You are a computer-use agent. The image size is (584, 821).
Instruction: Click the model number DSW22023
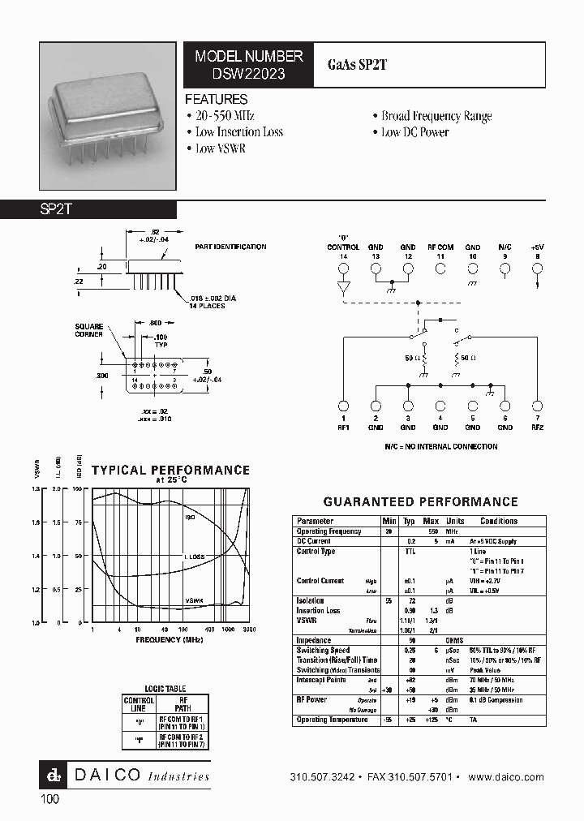248,73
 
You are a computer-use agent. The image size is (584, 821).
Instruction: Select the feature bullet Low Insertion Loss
238,131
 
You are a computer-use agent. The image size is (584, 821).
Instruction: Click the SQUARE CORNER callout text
89,330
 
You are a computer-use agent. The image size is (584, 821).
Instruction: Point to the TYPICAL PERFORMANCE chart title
170,470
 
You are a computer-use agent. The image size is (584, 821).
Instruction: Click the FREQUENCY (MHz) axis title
170,638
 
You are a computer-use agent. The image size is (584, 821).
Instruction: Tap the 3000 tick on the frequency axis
248,629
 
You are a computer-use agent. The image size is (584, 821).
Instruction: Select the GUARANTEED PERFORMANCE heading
420,502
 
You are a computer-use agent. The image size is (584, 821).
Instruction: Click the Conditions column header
498,521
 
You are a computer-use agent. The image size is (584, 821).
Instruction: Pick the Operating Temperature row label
332,720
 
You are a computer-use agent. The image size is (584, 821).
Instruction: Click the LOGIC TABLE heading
165,689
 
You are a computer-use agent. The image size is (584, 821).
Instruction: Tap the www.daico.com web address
506,776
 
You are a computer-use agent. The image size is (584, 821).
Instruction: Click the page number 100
49,799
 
